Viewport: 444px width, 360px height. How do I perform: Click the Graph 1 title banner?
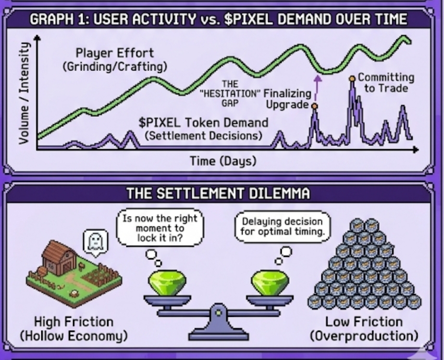coord(219,20)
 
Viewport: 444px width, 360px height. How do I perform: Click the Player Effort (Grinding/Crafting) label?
coord(115,59)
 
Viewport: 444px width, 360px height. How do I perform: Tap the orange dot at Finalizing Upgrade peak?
coord(314,106)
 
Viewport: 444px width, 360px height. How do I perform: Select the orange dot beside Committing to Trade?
coord(352,78)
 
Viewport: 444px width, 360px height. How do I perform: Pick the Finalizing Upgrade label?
coord(287,98)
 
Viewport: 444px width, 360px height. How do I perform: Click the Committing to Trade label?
coord(385,83)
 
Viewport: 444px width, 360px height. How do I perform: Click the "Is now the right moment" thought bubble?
coord(160,227)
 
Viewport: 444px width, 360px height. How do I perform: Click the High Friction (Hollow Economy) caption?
coord(74,328)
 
